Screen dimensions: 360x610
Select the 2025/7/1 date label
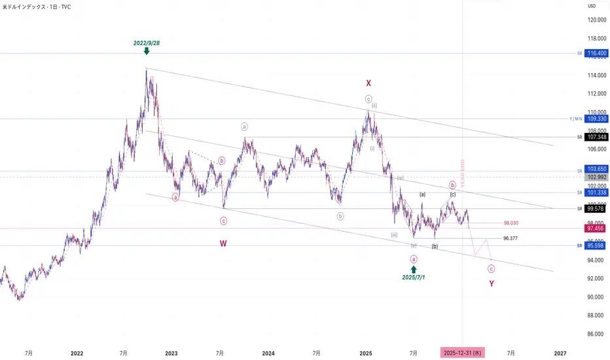pyautogui.click(x=414, y=278)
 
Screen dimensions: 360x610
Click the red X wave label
pyautogui.click(x=368, y=83)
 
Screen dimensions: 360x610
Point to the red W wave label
pyautogui.click(x=223, y=243)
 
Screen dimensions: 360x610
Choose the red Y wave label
pyautogui.click(x=492, y=283)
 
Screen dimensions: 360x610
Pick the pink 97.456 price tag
pyautogui.click(x=596, y=228)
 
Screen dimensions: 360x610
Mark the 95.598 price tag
pyautogui.click(x=596, y=245)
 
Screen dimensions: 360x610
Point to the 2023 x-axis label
pyautogui.click(x=171, y=353)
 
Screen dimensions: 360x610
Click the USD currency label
pyautogui.click(x=592, y=6)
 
